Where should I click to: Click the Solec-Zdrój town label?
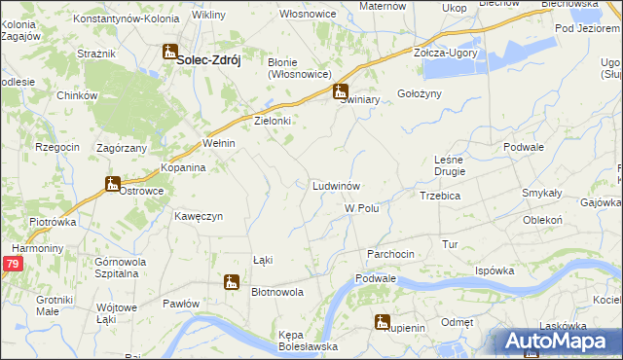pyautogui.click(x=208, y=58)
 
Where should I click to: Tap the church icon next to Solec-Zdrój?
pyautogui.click(x=169, y=54)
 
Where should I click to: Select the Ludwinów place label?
pyautogui.click(x=337, y=185)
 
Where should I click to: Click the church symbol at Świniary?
pyautogui.click(x=340, y=93)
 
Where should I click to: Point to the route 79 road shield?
pyautogui.click(x=12, y=264)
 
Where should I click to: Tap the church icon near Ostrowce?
pyautogui.click(x=113, y=184)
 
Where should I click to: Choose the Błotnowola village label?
pyautogui.click(x=277, y=291)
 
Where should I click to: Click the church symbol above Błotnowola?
pyautogui.click(x=231, y=282)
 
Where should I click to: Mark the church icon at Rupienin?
pyautogui.click(x=382, y=322)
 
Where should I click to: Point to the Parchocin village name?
pyautogui.click(x=390, y=253)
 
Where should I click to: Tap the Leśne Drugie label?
pyautogui.click(x=450, y=165)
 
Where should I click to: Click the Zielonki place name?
pyautogui.click(x=273, y=121)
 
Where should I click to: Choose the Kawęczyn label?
pyautogui.click(x=199, y=215)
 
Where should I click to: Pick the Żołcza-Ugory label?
pyautogui.click(x=445, y=53)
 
